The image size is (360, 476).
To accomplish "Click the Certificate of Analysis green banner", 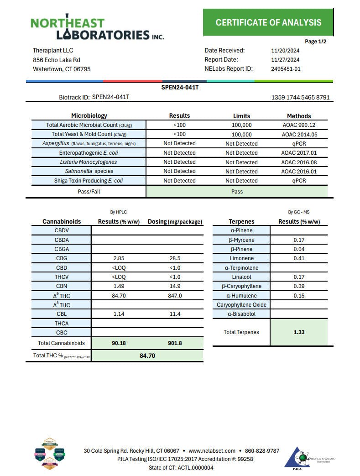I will [268, 22].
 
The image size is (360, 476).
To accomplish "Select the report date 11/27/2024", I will [285, 60].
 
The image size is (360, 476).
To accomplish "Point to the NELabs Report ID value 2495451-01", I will [286, 69].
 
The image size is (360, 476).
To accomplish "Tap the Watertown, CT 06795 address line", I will [62, 69].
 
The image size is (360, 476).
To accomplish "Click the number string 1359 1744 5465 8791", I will [300, 98].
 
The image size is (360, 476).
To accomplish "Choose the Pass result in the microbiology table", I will [237, 192].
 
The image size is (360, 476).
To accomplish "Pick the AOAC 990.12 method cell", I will [299, 125].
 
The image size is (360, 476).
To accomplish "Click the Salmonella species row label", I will [89, 171].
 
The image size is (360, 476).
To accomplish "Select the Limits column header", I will [241, 116].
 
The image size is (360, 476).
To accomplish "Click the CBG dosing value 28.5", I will [175, 258].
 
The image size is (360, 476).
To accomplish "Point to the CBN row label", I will [62, 286].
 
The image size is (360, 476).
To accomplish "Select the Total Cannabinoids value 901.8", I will [175, 343].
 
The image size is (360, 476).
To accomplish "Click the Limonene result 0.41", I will [299, 258].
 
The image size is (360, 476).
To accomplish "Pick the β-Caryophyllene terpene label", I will [241, 286].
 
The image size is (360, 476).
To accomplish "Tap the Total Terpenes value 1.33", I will [299, 332].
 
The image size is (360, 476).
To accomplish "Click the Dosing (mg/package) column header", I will [175, 222].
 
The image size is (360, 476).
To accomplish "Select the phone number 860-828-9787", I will [262, 451].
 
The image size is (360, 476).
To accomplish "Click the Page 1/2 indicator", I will [315, 42].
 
